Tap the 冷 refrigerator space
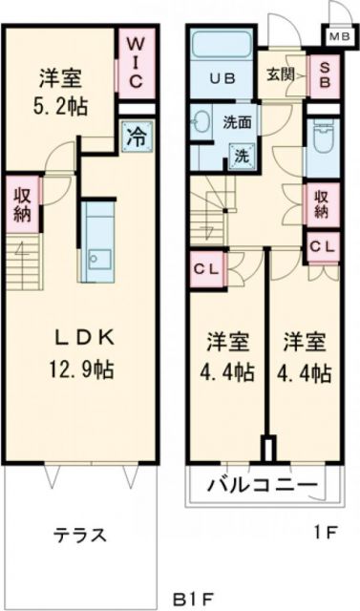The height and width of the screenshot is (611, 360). (x=135, y=136)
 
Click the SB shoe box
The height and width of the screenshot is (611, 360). (x=324, y=75)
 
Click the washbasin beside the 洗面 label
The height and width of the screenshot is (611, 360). (x=202, y=124)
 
